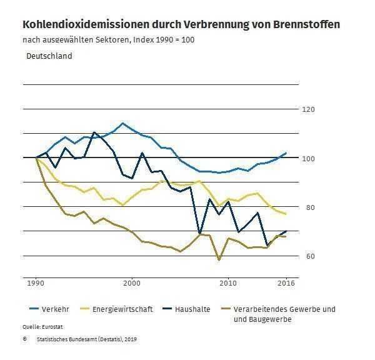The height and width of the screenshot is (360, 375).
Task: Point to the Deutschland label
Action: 49,56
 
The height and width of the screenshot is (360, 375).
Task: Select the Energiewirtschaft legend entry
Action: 122,309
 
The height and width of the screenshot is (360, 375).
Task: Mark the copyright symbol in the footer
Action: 25,339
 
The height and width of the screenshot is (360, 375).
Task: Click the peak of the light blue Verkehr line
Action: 122,123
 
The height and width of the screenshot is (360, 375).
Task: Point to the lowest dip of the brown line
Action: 219,259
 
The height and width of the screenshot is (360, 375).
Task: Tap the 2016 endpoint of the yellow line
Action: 286,214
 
